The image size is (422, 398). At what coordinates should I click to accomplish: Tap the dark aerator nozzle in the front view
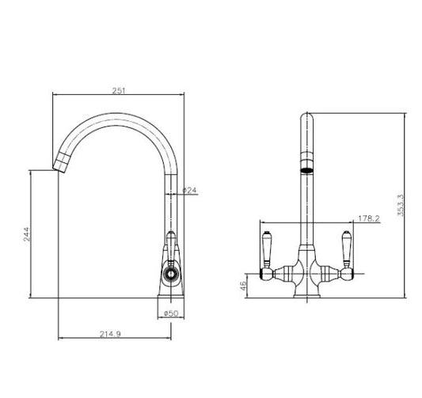click(305, 168)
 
